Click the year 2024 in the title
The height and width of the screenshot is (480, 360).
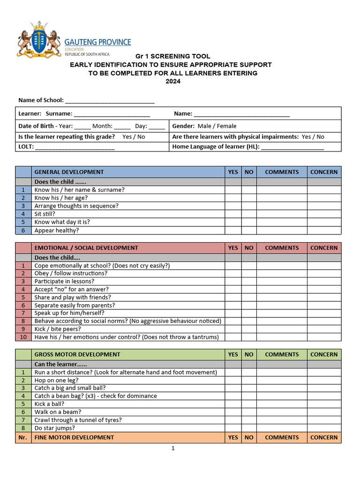172,81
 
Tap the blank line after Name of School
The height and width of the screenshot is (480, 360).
110,100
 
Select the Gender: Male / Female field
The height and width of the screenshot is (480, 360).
204,126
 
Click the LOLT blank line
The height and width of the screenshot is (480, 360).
75,147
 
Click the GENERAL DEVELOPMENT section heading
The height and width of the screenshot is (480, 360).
69,172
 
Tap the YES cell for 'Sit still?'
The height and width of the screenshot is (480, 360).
233,214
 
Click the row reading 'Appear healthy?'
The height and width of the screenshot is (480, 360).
57,231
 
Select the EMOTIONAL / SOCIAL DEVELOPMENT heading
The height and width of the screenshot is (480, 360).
86,248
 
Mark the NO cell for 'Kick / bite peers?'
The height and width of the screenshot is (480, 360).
249,329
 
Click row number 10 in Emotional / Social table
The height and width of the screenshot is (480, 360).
23,337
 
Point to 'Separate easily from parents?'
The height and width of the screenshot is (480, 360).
75,305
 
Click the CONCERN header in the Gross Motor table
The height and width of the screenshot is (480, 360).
324,355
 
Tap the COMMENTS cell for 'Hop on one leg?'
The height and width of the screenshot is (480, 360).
282,380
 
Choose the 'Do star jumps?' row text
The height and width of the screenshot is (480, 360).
54,428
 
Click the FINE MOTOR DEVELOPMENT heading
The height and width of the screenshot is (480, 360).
74,437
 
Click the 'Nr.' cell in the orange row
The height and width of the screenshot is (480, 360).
23,437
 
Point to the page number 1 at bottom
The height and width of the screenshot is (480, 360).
172,449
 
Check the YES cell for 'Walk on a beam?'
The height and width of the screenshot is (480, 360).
233,412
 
